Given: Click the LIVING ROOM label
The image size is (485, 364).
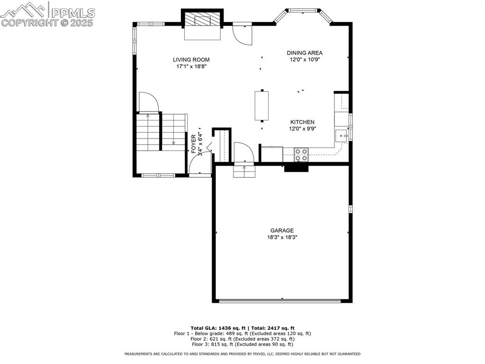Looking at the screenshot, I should click(191, 60).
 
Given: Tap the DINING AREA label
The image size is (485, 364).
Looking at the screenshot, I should click(305, 53).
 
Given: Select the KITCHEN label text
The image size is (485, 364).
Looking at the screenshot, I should click(302, 122).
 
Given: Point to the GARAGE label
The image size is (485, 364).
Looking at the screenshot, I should click(282, 231).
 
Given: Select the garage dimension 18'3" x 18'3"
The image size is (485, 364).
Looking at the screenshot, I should click(282, 237).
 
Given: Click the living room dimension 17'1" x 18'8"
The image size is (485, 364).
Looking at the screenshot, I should click(191, 67).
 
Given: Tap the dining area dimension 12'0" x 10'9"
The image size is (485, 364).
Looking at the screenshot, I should click(305, 60).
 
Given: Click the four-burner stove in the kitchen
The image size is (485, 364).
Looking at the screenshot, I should click(301, 155).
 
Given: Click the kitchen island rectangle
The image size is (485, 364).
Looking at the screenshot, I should click(261, 105).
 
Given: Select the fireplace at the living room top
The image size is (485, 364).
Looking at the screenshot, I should click(202, 21).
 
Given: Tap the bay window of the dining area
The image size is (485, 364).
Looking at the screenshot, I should click(303, 10).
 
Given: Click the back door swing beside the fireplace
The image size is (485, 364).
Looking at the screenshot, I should click(243, 34).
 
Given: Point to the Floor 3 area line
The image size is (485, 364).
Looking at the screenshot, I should click(242, 345).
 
